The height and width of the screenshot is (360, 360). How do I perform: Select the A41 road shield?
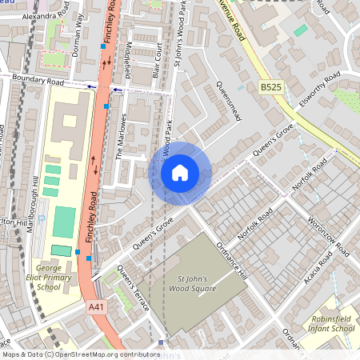pyautogui.click(x=95, y=307)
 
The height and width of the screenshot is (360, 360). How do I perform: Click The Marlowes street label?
pyautogui.click(x=122, y=135)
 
